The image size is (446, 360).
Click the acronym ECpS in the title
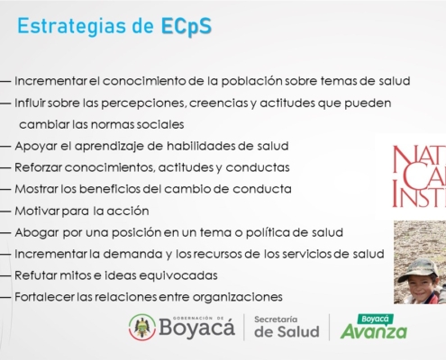(187, 26)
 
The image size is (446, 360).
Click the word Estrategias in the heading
(72, 26)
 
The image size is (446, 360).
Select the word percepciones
(144, 103)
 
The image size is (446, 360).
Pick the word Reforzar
(38, 167)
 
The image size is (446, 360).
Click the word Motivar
(37, 211)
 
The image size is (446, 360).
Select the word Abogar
(37, 233)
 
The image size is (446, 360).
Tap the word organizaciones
(237, 297)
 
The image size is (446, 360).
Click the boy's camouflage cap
(416, 268)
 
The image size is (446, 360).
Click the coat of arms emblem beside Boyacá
(142, 327)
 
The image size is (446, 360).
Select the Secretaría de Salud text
(287, 327)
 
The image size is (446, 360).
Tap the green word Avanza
(374, 332)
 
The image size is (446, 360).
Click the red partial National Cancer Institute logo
(419, 176)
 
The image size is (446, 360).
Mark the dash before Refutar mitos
(5, 275)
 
